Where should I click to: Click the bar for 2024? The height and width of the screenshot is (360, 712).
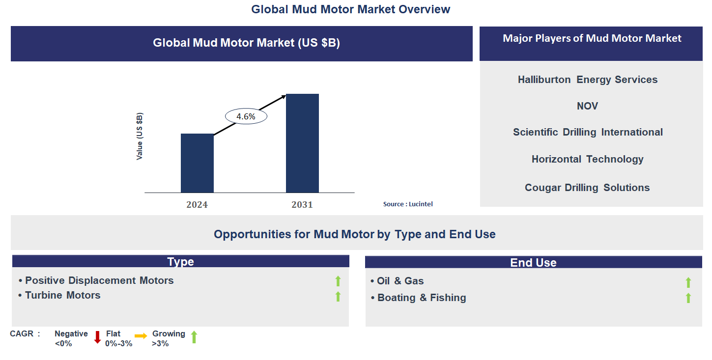[197, 163]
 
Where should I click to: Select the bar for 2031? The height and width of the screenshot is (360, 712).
[302, 143]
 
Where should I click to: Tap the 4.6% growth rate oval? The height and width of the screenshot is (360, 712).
[246, 116]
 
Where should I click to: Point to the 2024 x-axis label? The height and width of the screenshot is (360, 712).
[197, 204]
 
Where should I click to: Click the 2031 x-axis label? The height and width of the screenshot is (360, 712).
[302, 204]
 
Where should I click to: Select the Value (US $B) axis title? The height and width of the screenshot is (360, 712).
[140, 136]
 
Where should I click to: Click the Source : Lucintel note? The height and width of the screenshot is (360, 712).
[408, 204]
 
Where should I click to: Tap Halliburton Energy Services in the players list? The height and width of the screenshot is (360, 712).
[588, 80]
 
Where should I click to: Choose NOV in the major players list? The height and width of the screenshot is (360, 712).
[588, 106]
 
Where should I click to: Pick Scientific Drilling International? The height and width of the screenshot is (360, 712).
[588, 132]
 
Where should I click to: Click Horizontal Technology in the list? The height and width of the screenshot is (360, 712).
[588, 159]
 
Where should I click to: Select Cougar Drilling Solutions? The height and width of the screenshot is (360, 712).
[588, 188]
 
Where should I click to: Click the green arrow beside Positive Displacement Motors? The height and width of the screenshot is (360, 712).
[338, 281]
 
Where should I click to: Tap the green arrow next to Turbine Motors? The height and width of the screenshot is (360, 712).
[338, 296]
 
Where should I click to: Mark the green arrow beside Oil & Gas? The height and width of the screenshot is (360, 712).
[688, 282]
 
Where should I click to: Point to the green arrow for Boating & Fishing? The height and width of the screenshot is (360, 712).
[688, 298]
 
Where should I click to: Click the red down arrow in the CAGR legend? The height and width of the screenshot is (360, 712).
[97, 337]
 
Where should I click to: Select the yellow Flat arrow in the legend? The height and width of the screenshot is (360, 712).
[141, 336]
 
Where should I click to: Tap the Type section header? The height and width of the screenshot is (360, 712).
[180, 261]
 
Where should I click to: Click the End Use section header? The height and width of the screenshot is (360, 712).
[533, 262]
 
